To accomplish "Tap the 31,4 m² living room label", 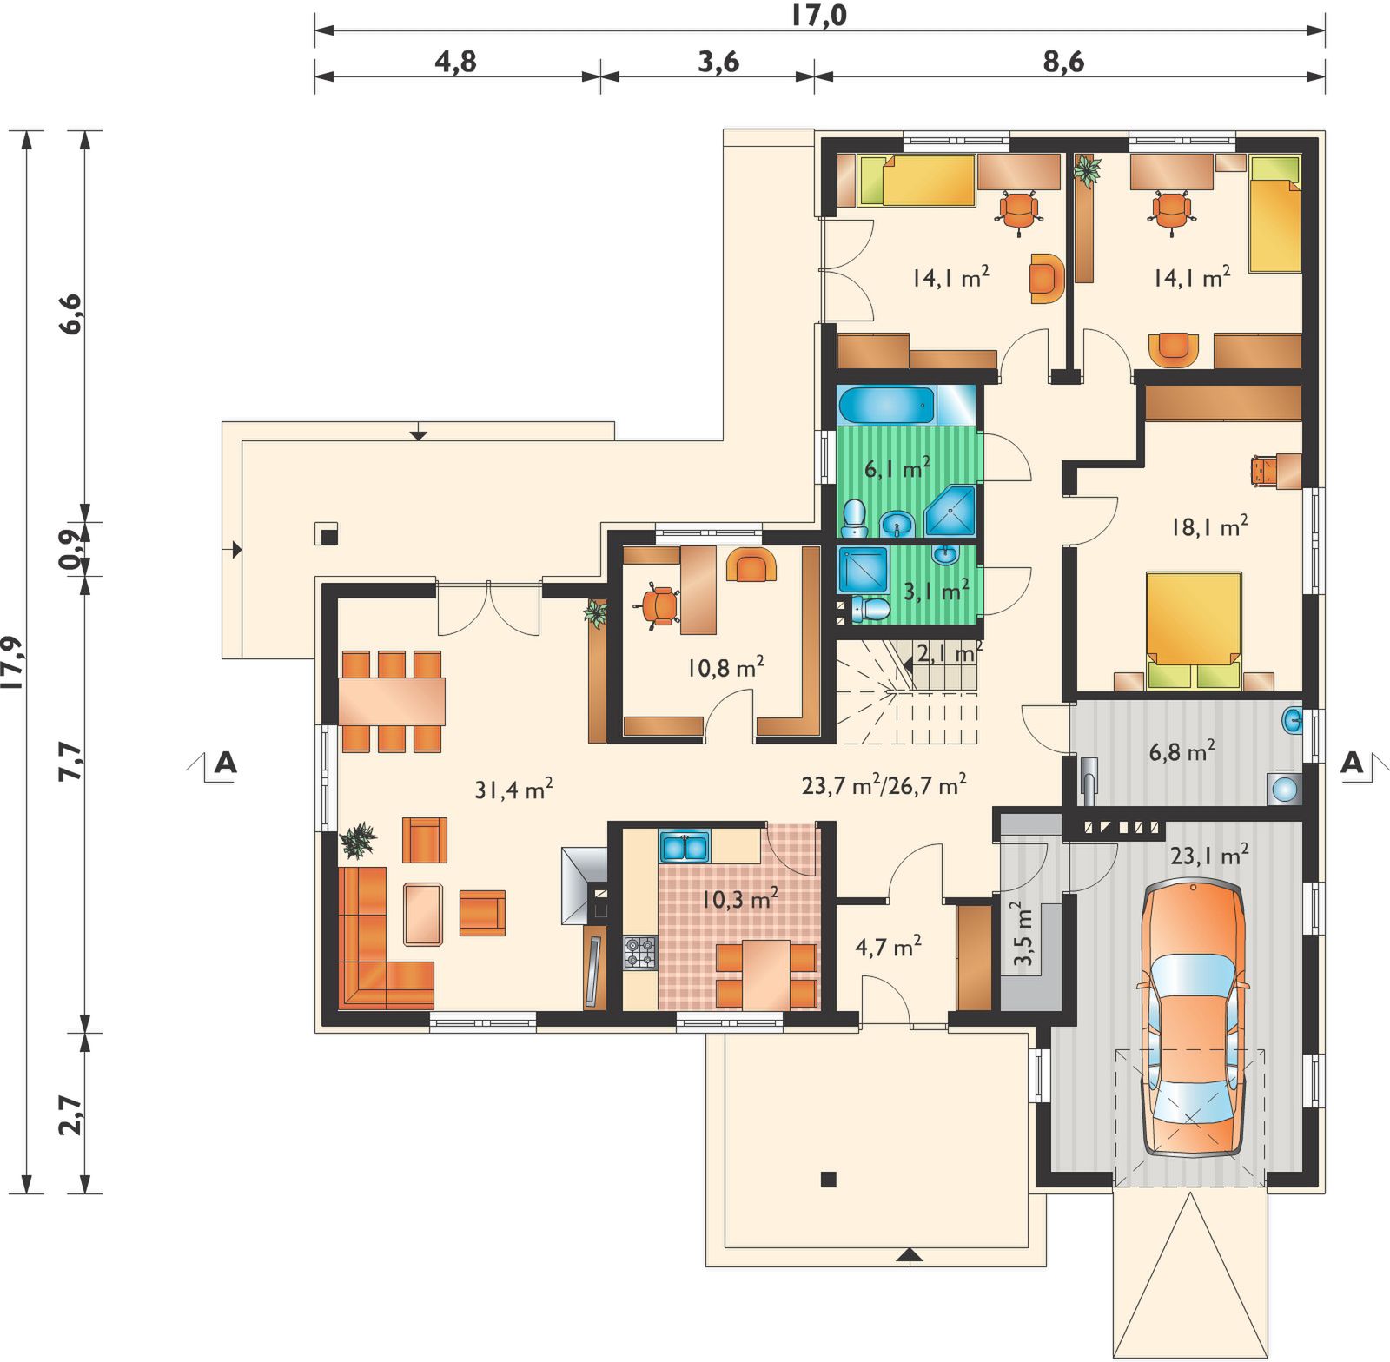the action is [513, 789].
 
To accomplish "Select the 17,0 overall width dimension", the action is [818, 15].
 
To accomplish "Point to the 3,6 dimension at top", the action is [718, 62].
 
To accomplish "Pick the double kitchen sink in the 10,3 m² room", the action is [685, 846].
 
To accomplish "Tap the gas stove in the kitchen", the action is [640, 952].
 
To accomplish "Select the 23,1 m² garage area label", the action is [1209, 856].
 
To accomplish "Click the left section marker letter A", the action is [225, 763].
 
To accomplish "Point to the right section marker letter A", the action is [1352, 763].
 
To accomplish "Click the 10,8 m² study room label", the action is [726, 667].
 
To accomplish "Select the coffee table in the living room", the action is [423, 913].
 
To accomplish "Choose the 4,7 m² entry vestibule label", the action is [888, 946].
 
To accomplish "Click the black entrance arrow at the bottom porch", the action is [910, 1253].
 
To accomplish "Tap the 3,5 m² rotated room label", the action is [1023, 934].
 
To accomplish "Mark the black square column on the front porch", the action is [829, 1180].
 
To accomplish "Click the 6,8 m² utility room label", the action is [1181, 750].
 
